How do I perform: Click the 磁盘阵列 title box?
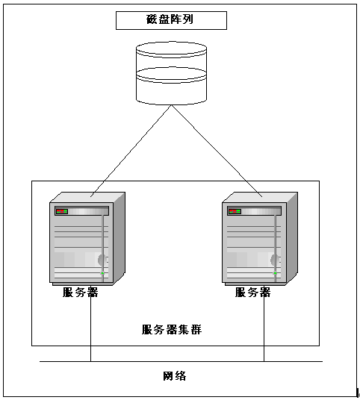171,20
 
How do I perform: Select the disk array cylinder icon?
171,73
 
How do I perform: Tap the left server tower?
87,239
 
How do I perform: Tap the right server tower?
260,239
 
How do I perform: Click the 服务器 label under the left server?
81,293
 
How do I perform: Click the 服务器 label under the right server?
252,293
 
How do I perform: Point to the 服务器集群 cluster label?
172,330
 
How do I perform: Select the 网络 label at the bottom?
175,376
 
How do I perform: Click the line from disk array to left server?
131,151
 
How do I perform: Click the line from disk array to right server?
217,151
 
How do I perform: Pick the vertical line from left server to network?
90,329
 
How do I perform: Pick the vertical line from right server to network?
264,329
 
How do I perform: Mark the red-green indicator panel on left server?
61,211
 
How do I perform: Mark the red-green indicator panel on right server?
235,211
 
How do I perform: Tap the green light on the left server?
102,273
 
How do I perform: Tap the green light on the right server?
276,273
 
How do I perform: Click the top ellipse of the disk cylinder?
171,49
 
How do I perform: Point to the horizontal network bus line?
181,361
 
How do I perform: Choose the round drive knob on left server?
102,260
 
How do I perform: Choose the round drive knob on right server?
275,260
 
